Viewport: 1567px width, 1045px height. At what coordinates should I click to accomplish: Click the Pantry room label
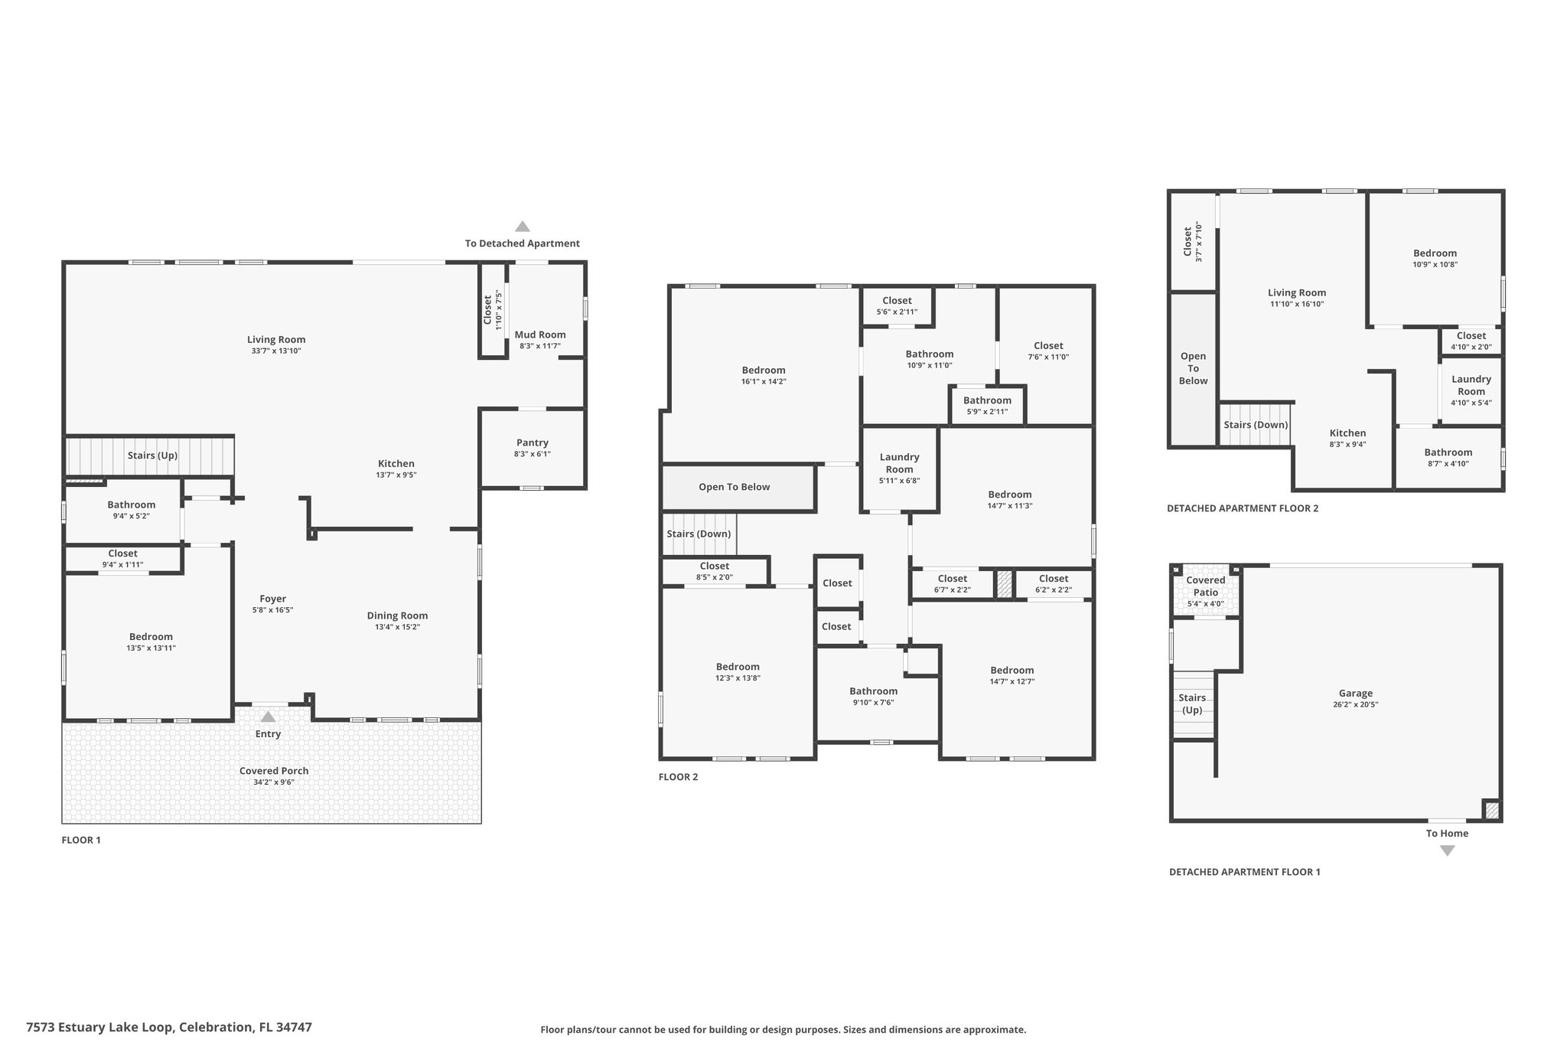click(533, 442)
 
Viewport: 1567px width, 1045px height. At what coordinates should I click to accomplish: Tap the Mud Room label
click(540, 335)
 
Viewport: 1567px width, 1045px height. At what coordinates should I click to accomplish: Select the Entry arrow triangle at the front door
click(268, 717)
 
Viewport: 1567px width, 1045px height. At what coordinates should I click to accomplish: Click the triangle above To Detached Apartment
click(523, 227)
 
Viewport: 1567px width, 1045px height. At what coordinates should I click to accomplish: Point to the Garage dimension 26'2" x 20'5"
click(1356, 705)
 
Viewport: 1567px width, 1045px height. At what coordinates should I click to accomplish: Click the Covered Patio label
click(1206, 586)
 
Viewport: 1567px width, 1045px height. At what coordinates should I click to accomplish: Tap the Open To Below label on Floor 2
click(735, 487)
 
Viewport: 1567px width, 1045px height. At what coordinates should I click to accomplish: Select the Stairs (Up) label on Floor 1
click(152, 456)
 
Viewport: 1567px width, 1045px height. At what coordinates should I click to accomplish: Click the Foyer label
click(273, 599)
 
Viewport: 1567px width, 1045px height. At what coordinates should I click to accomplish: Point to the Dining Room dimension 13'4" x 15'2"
click(398, 627)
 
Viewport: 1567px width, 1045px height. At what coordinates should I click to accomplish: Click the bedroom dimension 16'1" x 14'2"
click(764, 381)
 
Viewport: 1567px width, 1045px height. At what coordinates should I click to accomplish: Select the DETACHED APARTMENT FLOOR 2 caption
click(1243, 508)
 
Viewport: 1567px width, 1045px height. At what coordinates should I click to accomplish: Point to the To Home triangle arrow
click(1447, 851)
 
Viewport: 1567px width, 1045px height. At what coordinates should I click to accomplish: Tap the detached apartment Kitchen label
click(1347, 433)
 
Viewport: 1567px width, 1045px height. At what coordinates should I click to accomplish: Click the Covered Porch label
click(274, 771)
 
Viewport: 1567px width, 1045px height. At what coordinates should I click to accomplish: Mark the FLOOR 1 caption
click(81, 840)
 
